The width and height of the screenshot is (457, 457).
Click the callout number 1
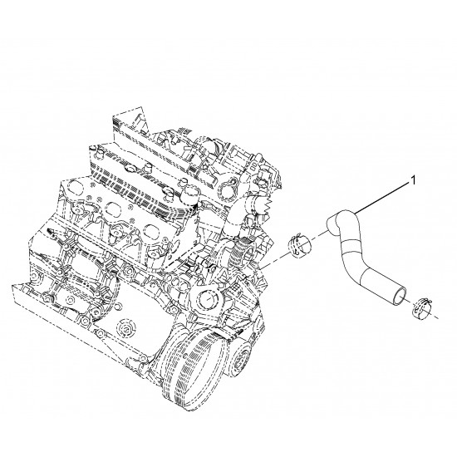(413, 180)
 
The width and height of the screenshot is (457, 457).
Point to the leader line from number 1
(382, 198)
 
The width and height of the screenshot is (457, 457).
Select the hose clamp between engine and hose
(300, 246)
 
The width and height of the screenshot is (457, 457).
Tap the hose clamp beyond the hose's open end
(423, 308)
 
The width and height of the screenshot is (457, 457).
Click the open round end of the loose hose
(398, 296)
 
